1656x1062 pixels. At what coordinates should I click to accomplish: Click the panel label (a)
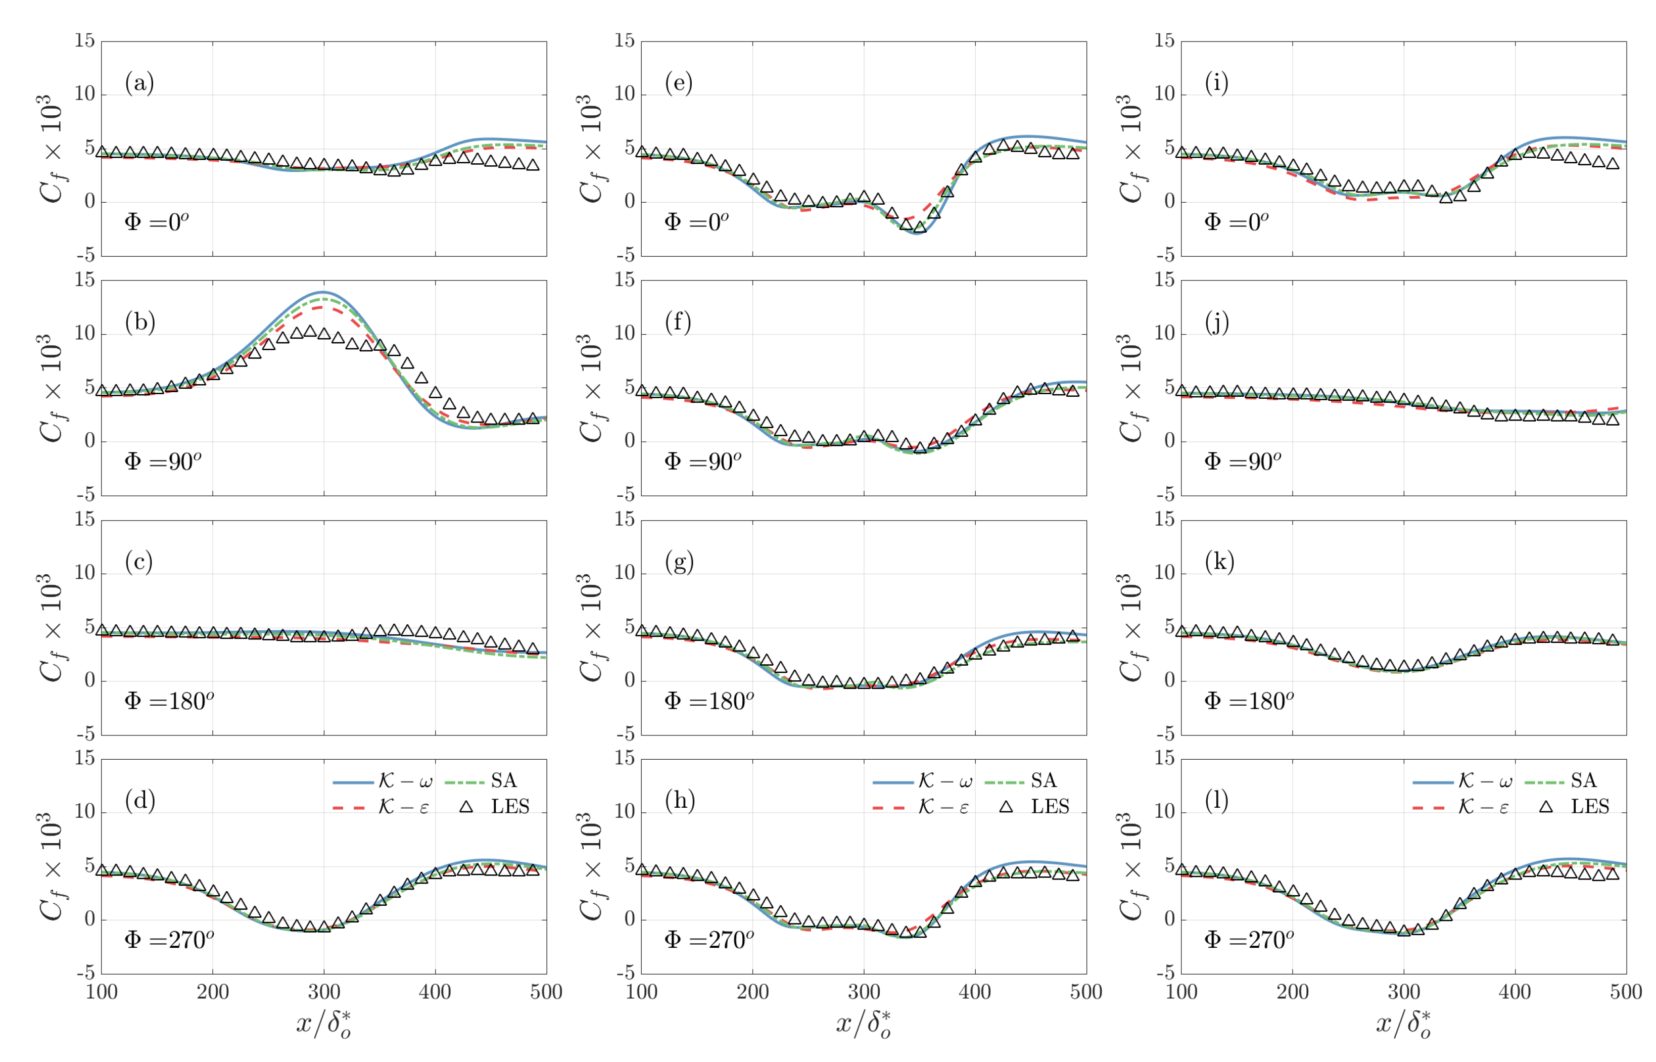point(139,83)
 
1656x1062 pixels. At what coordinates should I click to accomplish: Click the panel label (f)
point(678,322)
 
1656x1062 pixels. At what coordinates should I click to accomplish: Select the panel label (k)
point(1219,562)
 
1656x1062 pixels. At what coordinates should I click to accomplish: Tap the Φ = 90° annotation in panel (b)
point(163,460)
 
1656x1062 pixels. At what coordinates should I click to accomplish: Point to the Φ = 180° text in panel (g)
point(708,701)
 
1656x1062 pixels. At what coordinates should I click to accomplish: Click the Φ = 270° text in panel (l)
point(1249,939)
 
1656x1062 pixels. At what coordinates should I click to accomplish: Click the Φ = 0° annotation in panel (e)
point(696,221)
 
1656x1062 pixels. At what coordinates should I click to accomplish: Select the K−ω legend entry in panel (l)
point(1485,780)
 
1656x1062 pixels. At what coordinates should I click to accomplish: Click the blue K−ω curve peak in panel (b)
point(324,292)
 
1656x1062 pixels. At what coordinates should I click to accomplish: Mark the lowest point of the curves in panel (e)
point(916,233)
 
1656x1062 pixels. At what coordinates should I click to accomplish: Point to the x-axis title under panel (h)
point(863,1024)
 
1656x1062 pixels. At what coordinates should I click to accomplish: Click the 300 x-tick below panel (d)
point(324,992)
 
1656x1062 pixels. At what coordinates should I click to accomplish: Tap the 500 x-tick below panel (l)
point(1626,992)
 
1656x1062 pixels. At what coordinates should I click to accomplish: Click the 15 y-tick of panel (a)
point(85,40)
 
